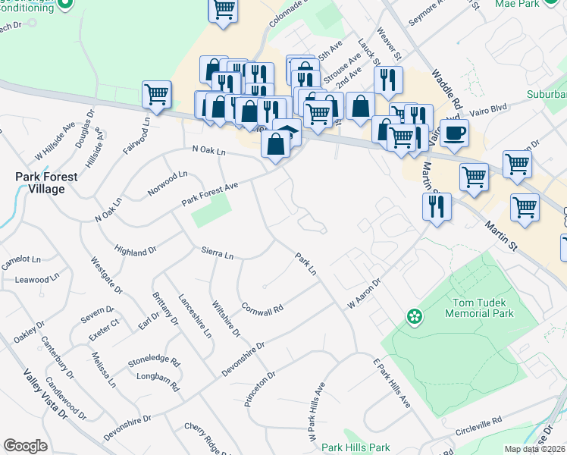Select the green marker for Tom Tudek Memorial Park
(414, 315)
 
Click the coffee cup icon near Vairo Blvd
(454, 133)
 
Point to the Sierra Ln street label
(218, 253)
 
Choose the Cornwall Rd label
(262, 309)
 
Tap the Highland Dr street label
(136, 249)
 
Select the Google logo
(25, 446)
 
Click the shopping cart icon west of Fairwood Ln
(156, 95)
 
